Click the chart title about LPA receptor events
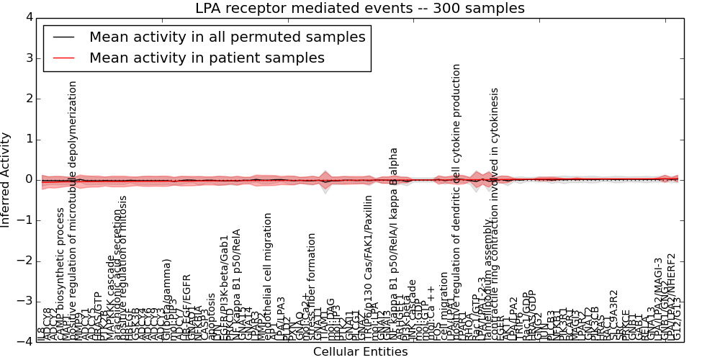coord(360,9)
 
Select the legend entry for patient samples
coord(207,58)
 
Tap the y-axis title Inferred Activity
coord(6,179)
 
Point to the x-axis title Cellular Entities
coord(360,352)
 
